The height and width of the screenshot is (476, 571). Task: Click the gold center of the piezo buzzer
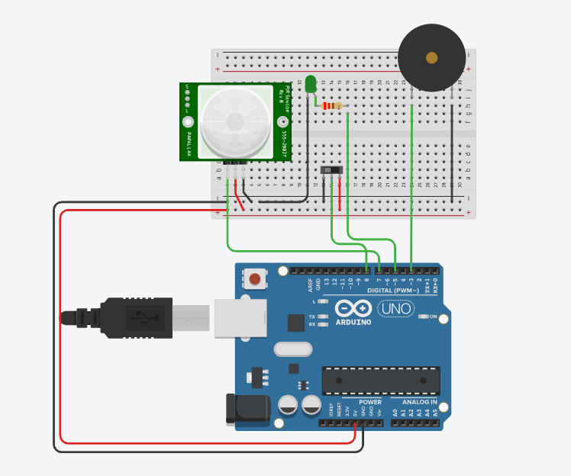(431, 58)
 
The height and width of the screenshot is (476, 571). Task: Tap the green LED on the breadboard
(310, 84)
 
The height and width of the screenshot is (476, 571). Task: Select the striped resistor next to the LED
(332, 106)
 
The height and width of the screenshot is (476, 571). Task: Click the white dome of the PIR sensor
(235, 121)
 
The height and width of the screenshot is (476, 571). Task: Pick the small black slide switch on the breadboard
(331, 169)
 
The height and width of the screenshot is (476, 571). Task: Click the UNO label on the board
(395, 309)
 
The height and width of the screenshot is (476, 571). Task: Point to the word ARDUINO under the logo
(353, 322)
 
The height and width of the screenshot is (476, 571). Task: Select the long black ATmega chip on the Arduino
(381, 379)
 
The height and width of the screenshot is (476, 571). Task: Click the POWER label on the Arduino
(370, 402)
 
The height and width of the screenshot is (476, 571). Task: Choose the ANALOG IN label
(419, 402)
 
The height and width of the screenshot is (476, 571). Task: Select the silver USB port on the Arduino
(240, 317)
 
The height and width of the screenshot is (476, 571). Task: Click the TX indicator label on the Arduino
(312, 316)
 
